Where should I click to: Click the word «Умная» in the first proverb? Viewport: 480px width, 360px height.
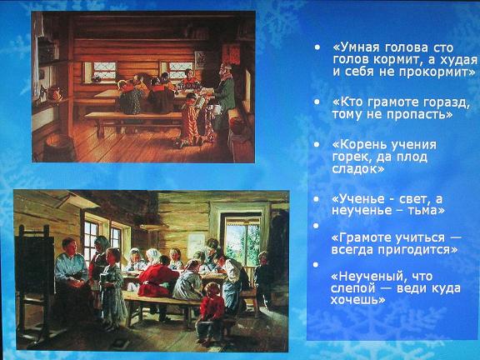click(356, 47)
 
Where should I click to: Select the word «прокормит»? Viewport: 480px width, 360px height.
click(430, 72)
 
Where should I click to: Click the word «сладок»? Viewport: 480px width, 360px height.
click(354, 169)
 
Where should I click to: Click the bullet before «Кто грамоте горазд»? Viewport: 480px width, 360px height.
click(317, 102)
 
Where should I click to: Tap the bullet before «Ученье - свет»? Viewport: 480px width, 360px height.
click(317, 199)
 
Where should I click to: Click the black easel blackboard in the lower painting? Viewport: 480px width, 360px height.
click(34, 267)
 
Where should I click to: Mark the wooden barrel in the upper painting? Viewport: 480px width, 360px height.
click(59, 148)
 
